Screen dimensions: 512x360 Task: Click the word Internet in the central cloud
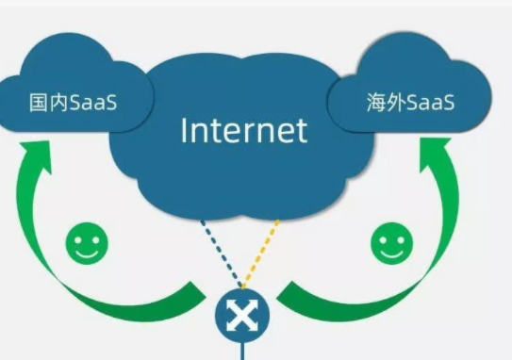click(x=243, y=129)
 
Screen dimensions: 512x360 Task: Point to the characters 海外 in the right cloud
click(x=383, y=102)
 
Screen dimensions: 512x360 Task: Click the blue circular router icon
click(x=242, y=316)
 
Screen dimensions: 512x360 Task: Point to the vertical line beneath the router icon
click(x=242, y=351)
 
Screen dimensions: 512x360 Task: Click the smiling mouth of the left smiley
click(x=86, y=253)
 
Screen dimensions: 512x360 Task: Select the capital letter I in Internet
click(x=185, y=129)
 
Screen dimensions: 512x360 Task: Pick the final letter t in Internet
click(x=301, y=129)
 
